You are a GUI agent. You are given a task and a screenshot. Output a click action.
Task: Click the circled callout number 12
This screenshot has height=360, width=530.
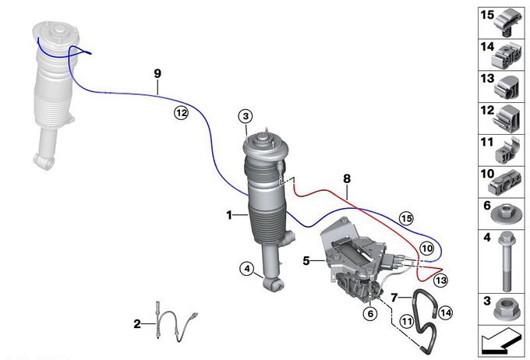[181, 112]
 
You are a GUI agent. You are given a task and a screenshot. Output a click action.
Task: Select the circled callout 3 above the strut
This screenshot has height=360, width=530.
[246, 116]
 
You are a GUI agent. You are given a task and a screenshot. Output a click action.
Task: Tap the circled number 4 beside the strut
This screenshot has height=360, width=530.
[247, 269]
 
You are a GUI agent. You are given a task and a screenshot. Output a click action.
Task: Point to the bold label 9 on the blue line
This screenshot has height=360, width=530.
[157, 73]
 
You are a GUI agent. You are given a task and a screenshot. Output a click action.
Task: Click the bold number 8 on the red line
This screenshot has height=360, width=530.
[347, 178]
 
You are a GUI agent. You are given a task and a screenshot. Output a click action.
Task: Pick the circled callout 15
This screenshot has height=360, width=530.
[406, 218]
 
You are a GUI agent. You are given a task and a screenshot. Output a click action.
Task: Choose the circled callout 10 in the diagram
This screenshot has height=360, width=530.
[427, 249]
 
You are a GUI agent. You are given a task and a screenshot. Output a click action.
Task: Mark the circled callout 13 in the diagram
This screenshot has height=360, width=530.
[441, 281]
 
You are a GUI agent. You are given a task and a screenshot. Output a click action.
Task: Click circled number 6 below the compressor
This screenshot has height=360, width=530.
[370, 314]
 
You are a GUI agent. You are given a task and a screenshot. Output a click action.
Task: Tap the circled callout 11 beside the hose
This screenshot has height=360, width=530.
[407, 321]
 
